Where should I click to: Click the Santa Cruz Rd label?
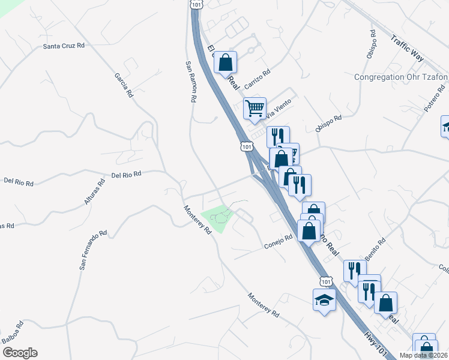click(62, 46)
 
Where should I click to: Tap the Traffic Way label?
click(407, 48)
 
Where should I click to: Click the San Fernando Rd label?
click(92, 249)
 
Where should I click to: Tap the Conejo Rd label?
click(279, 241)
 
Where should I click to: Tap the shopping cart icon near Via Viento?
click(255, 108)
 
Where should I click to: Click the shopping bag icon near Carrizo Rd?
click(225, 62)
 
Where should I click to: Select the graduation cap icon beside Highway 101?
click(324, 299)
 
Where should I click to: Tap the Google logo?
click(19, 353)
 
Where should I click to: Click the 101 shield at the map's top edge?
click(196, 4)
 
